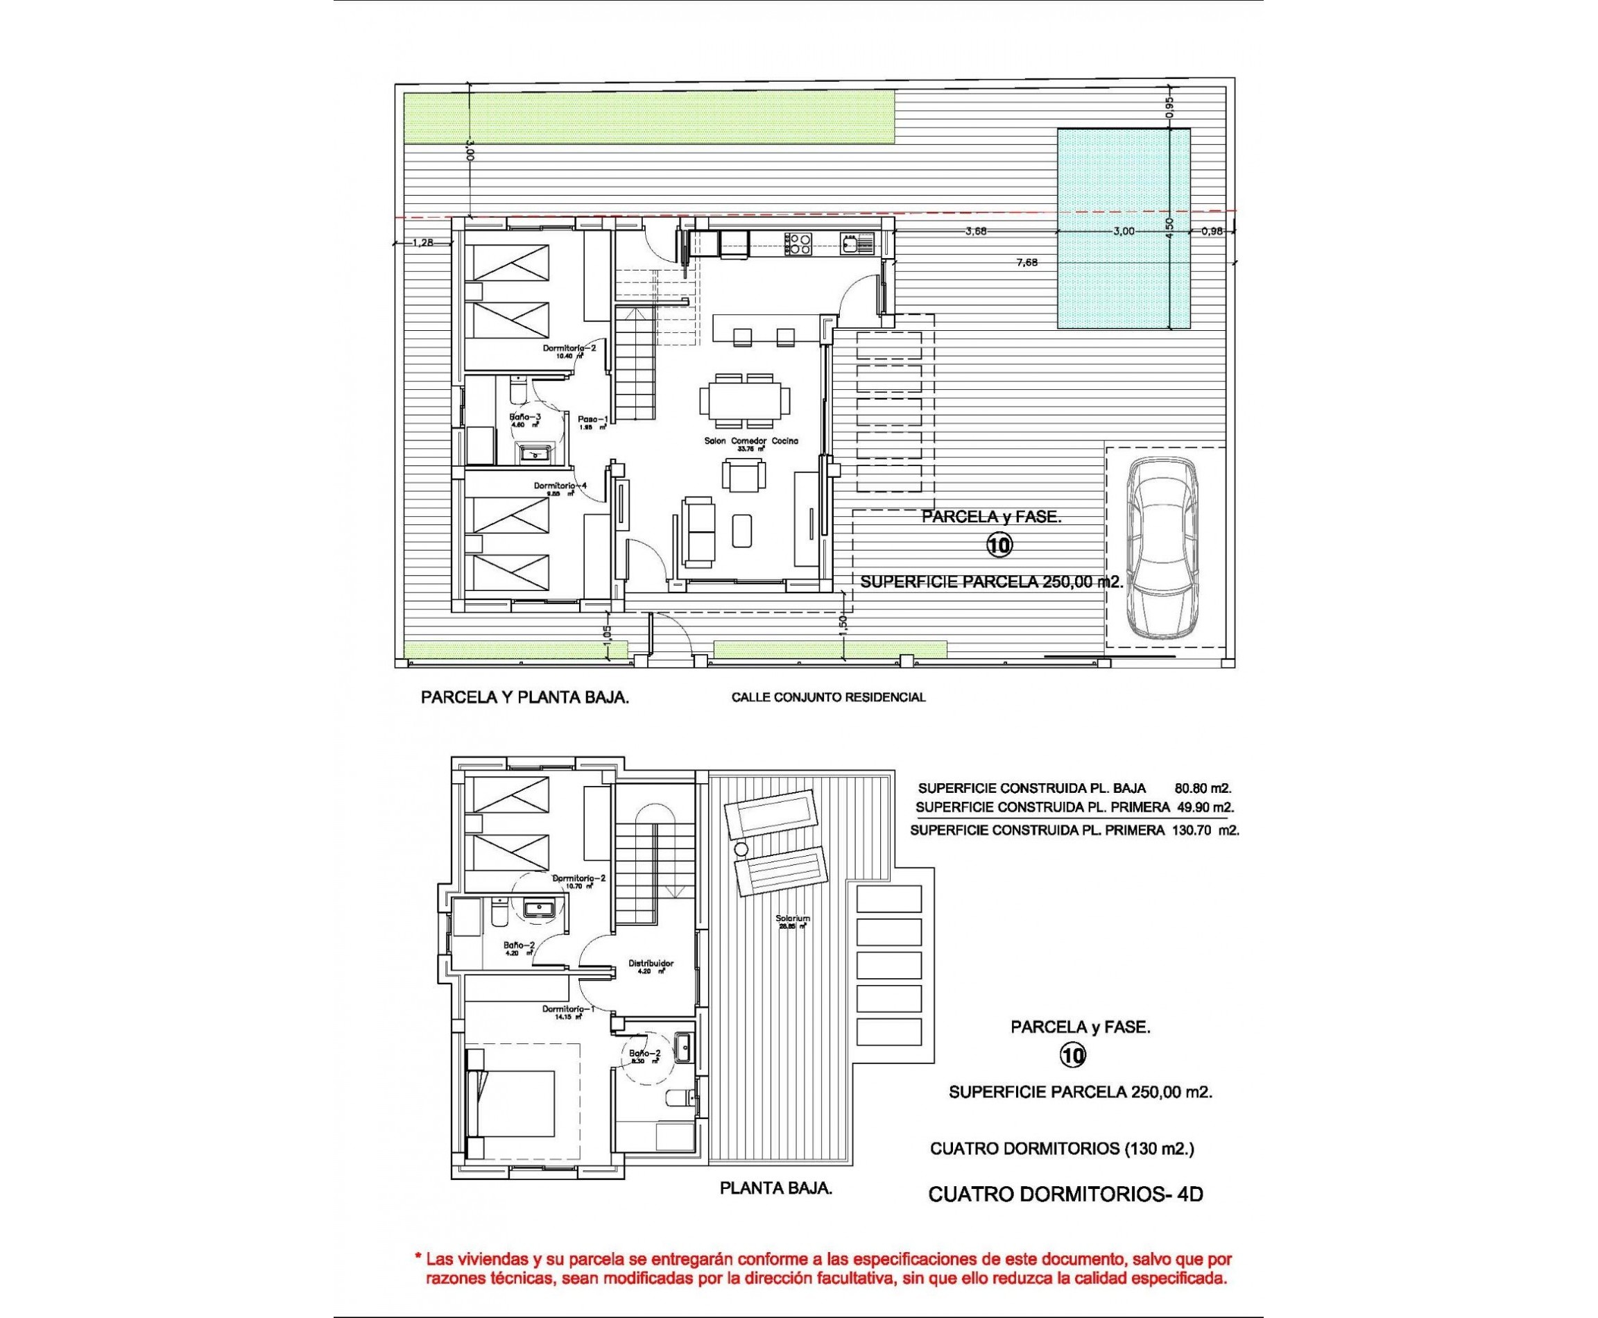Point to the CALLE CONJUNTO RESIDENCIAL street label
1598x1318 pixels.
click(827, 697)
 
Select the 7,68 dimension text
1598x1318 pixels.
click(1026, 263)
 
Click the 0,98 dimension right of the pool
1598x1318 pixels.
click(1212, 232)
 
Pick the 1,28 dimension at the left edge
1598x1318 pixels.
click(422, 243)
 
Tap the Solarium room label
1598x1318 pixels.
click(793, 918)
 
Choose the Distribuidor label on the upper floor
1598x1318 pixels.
click(651, 964)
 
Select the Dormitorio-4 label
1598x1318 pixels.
click(560, 486)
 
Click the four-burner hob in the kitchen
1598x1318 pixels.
click(798, 243)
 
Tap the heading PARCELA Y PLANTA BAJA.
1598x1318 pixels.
click(524, 698)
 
